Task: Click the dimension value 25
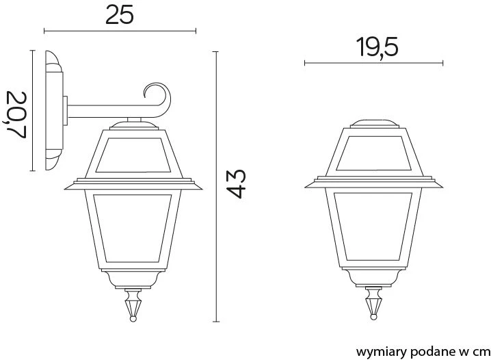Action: tap(119, 15)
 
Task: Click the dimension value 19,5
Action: tap(377, 47)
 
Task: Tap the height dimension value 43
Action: tap(236, 184)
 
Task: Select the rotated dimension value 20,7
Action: tap(15, 115)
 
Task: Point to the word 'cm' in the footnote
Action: tap(481, 352)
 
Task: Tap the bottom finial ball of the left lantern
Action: tap(133, 319)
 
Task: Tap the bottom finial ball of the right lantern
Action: tap(373, 317)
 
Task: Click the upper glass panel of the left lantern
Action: tap(133, 155)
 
